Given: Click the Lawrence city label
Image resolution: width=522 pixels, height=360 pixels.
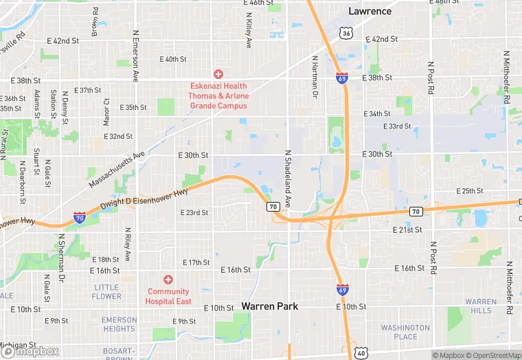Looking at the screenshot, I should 370,11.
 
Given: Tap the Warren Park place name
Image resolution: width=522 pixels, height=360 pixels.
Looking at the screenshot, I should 269,306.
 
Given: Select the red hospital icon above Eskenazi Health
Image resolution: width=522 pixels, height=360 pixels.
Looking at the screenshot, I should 218,74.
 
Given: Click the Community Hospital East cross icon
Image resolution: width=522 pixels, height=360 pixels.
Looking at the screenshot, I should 168,279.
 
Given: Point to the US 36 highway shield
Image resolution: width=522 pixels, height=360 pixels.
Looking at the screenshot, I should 347,33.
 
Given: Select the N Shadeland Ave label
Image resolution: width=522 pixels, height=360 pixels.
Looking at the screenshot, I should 288,181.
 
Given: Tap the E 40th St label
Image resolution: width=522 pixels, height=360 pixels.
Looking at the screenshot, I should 173,59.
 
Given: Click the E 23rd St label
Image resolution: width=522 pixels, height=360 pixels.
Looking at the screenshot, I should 194,213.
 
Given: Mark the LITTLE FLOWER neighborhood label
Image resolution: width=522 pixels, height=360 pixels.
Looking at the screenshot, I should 106,292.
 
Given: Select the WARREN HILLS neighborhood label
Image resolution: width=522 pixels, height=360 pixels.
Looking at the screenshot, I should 481,306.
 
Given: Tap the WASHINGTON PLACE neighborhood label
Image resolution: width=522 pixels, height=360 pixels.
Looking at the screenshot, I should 405,333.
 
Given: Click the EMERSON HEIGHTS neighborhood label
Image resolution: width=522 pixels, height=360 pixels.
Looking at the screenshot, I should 119,324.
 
